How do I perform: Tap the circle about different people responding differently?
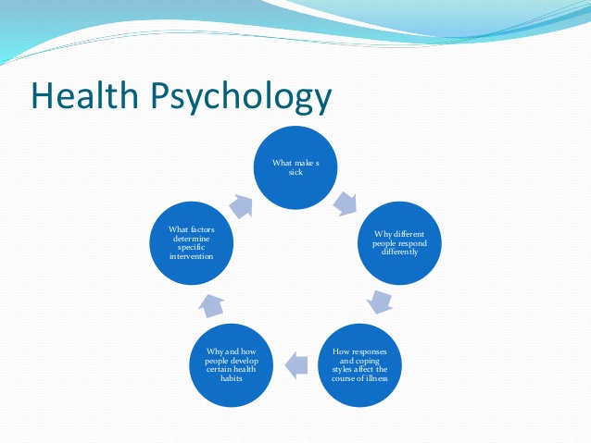tap(399, 243)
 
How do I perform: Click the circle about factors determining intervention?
tap(192, 243)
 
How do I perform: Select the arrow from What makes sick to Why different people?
tap(347, 203)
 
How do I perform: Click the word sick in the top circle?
tap(296, 172)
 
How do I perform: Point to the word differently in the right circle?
tap(399, 251)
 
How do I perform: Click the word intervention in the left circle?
tap(192, 255)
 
